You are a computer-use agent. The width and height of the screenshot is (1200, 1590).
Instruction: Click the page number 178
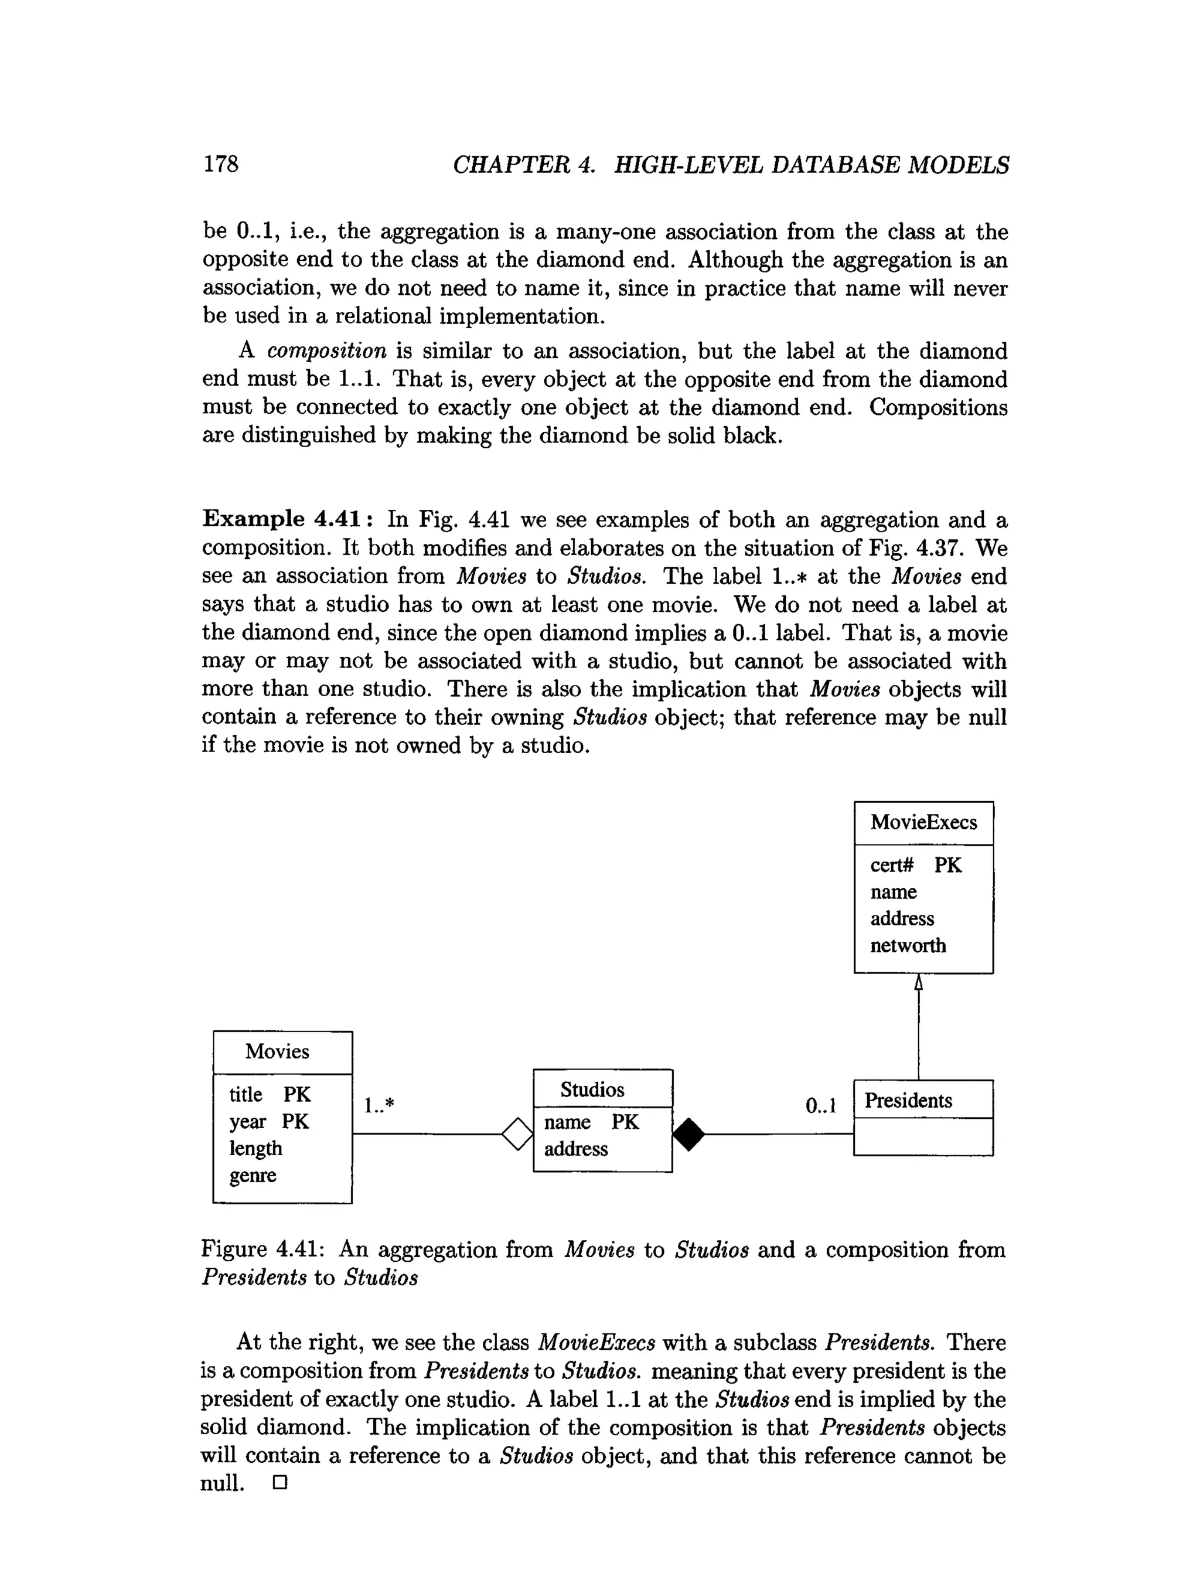[x=220, y=164]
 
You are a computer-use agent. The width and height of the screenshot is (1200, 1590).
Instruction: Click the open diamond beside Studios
[x=517, y=1134]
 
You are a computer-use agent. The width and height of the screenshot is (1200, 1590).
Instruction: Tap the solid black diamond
[x=689, y=1134]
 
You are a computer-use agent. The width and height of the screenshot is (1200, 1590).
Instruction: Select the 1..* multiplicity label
[x=379, y=1105]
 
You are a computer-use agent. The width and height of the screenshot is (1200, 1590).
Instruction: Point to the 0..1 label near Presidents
[x=820, y=1105]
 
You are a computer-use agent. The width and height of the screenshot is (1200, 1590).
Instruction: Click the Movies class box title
[x=277, y=1051]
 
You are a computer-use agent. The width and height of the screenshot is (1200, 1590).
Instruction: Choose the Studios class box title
[x=592, y=1089]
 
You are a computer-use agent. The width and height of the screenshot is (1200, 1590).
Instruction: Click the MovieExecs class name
[x=923, y=822]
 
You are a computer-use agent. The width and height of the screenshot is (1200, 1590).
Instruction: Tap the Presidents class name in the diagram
[x=908, y=1101]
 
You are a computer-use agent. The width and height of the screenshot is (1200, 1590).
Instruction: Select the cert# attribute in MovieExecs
[x=892, y=864]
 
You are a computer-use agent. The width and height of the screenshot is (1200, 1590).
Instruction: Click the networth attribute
[x=908, y=945]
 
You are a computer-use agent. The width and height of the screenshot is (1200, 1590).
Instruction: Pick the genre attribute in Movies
[x=252, y=1175]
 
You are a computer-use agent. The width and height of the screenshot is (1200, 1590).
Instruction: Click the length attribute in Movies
[x=255, y=1149]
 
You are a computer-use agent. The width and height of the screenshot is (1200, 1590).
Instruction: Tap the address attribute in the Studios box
[x=575, y=1149]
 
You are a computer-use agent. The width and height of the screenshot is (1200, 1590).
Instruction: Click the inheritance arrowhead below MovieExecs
[x=918, y=983]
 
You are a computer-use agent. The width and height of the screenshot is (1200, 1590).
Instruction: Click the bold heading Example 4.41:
[x=288, y=519]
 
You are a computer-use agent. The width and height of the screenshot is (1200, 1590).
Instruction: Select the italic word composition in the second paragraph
[x=327, y=352]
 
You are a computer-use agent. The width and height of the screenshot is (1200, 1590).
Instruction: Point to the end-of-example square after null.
[x=280, y=1483]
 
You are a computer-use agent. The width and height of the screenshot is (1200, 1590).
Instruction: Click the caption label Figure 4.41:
[x=263, y=1249]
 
